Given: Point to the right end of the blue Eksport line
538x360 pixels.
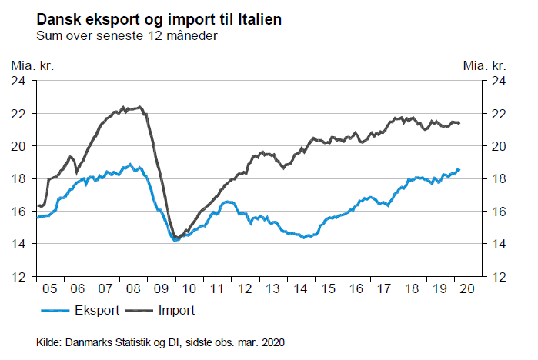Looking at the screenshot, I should point(459,169).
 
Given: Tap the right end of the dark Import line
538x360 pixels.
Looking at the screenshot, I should point(459,123).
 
